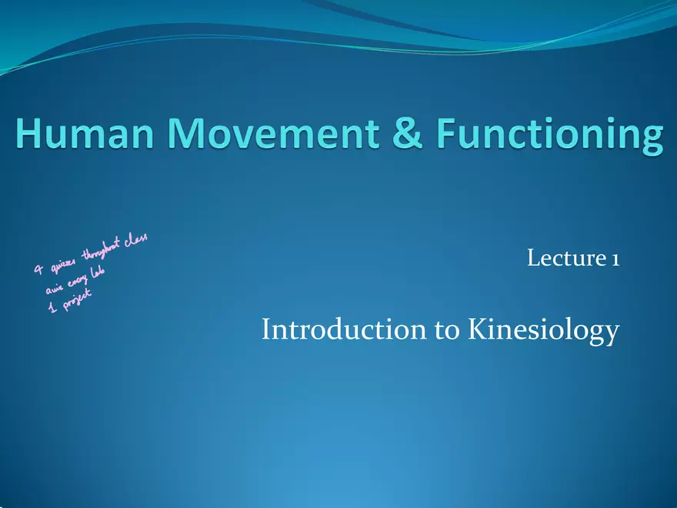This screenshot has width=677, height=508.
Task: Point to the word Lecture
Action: [x=564, y=259]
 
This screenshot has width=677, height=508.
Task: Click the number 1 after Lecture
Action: [x=615, y=259]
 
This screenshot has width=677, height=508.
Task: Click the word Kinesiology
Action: [x=543, y=332]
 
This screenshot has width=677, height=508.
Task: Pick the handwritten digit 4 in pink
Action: [x=38, y=270]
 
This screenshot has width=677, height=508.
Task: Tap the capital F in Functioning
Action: [x=450, y=135]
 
